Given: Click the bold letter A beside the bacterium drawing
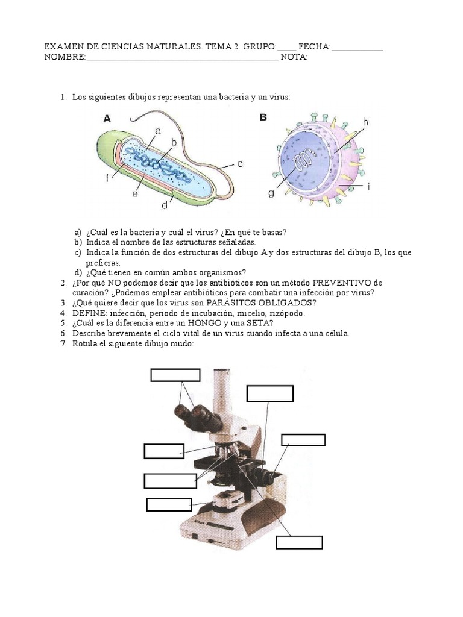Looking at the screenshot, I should [x=107, y=119].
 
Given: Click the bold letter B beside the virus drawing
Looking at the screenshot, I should [x=263, y=117].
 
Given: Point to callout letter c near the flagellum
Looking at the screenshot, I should [x=239, y=163].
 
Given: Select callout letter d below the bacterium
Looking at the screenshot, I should [x=164, y=205].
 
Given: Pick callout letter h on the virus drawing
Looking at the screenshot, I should [x=365, y=122].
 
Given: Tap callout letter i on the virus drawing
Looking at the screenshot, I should [x=368, y=187].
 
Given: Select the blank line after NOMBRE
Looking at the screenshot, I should [x=182, y=58].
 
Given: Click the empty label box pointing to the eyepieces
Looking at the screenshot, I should [x=175, y=375].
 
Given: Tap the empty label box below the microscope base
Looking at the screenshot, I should [x=298, y=542].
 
